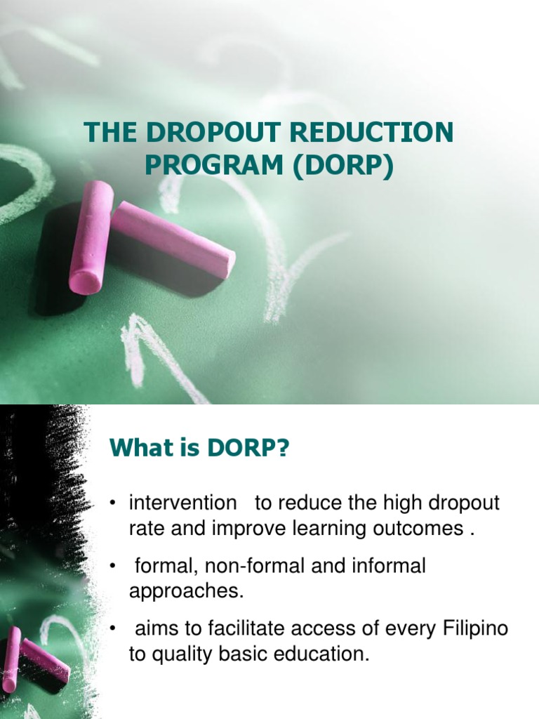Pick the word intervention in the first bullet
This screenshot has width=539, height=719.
click(x=182, y=503)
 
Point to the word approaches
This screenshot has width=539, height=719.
click(x=186, y=591)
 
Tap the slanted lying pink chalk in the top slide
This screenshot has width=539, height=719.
click(x=174, y=239)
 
